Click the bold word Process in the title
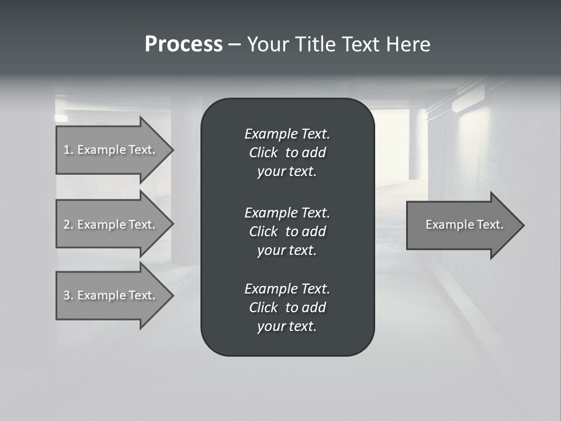(x=183, y=44)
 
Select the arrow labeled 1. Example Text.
(x=111, y=150)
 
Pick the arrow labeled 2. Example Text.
(x=111, y=225)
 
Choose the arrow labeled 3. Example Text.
(x=111, y=295)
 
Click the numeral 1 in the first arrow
(x=67, y=150)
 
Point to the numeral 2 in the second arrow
(x=67, y=225)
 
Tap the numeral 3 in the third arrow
(x=67, y=295)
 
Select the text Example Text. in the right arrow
(x=464, y=225)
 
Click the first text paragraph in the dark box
(x=287, y=153)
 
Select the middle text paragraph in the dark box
(x=287, y=231)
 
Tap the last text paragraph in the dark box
(x=287, y=308)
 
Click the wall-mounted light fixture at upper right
(x=468, y=99)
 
